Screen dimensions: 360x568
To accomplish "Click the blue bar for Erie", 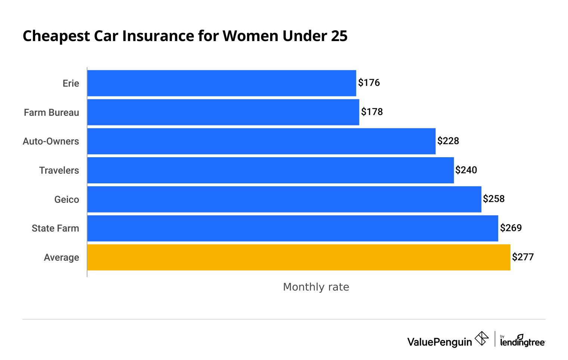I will (x=222, y=83).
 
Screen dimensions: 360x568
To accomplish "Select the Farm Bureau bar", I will (x=223, y=112).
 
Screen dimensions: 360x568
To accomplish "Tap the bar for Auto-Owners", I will (x=261, y=141).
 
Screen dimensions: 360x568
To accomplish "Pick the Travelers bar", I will (x=271, y=170).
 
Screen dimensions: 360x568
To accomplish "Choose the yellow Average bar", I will (x=299, y=257).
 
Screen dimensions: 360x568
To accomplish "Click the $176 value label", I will (x=369, y=83).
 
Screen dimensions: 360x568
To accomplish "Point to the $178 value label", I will (x=372, y=112).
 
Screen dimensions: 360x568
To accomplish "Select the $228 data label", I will (x=448, y=141).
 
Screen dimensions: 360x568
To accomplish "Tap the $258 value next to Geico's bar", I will (x=494, y=199).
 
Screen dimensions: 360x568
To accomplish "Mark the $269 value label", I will (x=511, y=228).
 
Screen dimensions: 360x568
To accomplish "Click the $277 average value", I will (x=523, y=257).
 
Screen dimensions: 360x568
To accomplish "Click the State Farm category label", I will (x=55, y=228).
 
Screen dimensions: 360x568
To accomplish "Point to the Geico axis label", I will (x=67, y=199).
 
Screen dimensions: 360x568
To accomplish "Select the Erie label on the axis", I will (x=71, y=83).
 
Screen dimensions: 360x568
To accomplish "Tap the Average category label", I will (x=61, y=257).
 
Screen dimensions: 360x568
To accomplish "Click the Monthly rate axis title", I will (x=316, y=287).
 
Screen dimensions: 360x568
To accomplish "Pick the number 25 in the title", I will (x=339, y=36).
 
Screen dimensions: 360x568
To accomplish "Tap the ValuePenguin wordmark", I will (x=439, y=342).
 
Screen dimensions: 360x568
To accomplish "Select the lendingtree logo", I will (x=522, y=341).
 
